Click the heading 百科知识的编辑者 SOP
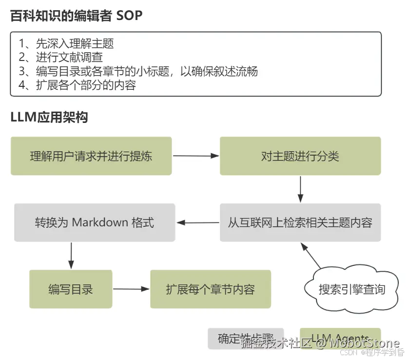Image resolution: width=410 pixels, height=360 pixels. pyautogui.click(x=76, y=16)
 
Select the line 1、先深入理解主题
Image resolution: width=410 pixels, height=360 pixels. pyautogui.click(x=66, y=43)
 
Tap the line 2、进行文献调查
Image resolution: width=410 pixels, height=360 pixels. pyautogui.click(x=60, y=57)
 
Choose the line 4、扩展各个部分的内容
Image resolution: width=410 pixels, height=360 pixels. pyautogui.click(x=77, y=85)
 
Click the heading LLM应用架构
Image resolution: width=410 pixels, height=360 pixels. pyautogui.click(x=49, y=118)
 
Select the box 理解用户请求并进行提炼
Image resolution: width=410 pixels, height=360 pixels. pyautogui.click(x=91, y=156)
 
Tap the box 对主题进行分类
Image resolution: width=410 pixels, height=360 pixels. pyautogui.click(x=300, y=156)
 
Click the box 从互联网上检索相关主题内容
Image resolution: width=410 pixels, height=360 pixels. pyautogui.click(x=300, y=223)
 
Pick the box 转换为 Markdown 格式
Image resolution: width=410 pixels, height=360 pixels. pyautogui.click(x=95, y=223)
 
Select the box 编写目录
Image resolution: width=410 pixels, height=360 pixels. pyautogui.click(x=71, y=289)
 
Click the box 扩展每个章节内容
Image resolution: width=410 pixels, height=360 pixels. pyautogui.click(x=210, y=289)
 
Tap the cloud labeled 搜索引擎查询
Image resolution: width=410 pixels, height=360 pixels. pyautogui.click(x=351, y=289)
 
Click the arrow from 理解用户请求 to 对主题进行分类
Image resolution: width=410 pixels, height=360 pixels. pyautogui.click(x=195, y=156)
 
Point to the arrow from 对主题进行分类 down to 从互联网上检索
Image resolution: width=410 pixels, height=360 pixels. pyautogui.click(x=300, y=189)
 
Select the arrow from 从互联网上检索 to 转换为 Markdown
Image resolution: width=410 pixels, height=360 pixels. pyautogui.click(x=197, y=223)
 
